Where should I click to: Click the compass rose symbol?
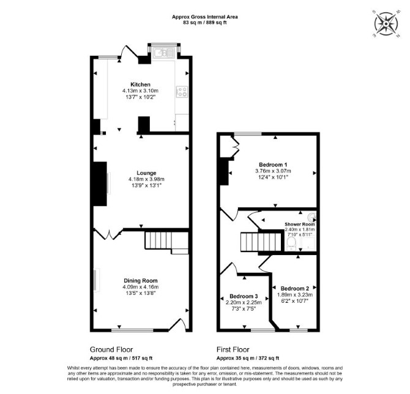point(386,24)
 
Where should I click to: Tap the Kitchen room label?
point(140,84)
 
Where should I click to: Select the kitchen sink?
point(164,53)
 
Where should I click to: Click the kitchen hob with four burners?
point(182,92)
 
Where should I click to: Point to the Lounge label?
point(146,173)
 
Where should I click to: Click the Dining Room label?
point(141,281)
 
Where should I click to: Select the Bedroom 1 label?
point(273,165)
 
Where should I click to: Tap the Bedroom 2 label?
point(295,288)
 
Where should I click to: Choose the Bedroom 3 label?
point(244,296)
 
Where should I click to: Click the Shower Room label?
point(300,224)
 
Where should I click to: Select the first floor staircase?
point(262,242)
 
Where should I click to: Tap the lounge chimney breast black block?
point(99,184)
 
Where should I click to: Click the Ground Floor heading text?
point(111,349)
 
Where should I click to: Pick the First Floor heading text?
point(233,349)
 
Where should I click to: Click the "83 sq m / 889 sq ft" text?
point(205,23)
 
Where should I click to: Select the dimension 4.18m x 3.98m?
point(146,179)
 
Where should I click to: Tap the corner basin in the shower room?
point(311,217)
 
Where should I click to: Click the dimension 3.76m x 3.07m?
point(273,171)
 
